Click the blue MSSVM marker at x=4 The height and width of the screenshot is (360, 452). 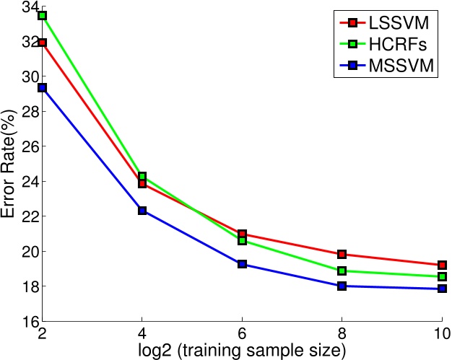point(142,211)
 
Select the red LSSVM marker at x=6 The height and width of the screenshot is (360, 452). point(242,234)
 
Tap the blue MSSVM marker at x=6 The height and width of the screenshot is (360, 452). point(242,264)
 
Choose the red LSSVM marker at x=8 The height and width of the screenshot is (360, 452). point(342,254)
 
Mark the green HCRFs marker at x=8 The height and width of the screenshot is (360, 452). point(342,271)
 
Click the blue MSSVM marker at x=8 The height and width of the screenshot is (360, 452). point(342,286)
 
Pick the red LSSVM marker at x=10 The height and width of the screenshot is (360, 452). point(441,265)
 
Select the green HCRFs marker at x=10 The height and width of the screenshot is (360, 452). point(441,277)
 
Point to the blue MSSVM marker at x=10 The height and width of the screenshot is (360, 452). point(441,289)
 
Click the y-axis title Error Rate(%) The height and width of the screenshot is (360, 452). point(10,163)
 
